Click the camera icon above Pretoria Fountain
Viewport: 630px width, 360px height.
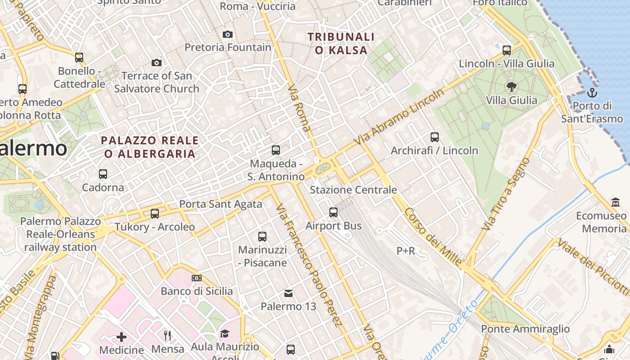click(x=228, y=34)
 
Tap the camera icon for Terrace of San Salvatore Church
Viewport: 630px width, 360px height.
click(x=157, y=63)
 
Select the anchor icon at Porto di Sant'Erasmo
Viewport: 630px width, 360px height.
click(x=592, y=93)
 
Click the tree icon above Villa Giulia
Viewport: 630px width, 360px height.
click(x=511, y=86)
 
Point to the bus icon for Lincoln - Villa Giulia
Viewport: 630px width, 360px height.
click(x=507, y=50)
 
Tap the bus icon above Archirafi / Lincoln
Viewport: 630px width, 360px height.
click(x=434, y=137)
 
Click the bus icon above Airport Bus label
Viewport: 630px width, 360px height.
click(x=333, y=212)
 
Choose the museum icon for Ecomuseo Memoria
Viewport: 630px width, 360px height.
click(x=616, y=202)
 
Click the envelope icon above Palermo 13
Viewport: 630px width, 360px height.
click(x=288, y=293)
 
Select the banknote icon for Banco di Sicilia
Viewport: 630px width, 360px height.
click(x=196, y=278)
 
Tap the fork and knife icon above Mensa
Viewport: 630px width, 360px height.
click(x=167, y=335)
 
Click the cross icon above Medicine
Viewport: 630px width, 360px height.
click(x=121, y=337)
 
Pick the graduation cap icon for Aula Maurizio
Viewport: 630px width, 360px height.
click(x=225, y=333)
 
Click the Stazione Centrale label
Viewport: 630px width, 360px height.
click(x=353, y=190)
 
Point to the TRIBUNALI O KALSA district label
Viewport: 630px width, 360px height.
click(x=341, y=43)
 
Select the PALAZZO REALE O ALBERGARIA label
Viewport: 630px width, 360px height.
click(x=150, y=147)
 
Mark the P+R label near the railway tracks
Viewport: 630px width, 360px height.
click(x=405, y=251)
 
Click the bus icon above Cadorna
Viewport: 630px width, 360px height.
click(x=103, y=174)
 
